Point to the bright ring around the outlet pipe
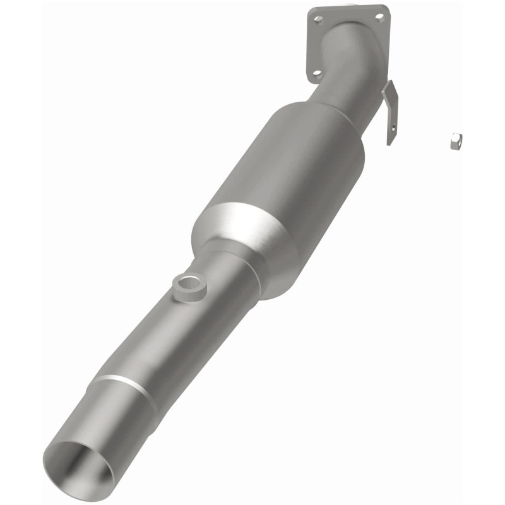click(126, 386)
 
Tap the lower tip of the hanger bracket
click(389, 142)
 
